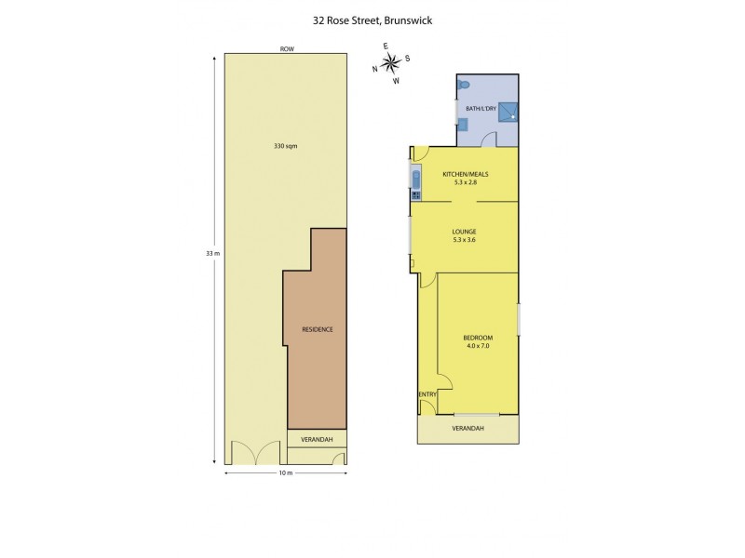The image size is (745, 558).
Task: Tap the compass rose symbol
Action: coord(391,62)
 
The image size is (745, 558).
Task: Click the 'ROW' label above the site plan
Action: coord(286,48)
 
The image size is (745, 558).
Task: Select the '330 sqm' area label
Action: coord(286,146)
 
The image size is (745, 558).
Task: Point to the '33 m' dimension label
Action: coord(211,254)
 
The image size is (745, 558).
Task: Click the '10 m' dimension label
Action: coord(286,473)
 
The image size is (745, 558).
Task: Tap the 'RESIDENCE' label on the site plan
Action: coord(317,330)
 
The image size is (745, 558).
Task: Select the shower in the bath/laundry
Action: coord(508,112)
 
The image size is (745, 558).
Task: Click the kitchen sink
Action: coord(415,178)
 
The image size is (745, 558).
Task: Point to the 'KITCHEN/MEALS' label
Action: coord(466,174)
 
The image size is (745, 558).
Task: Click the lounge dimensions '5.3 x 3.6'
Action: coord(465,240)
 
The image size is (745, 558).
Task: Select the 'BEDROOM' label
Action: coord(478,337)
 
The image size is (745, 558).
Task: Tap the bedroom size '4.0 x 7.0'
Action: coord(478,346)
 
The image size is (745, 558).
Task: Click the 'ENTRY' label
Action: coord(427,394)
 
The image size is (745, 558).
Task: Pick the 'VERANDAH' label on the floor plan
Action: coord(467,428)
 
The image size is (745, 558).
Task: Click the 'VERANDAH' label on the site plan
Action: coord(317,438)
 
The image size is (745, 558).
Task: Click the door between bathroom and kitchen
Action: coord(485,139)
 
